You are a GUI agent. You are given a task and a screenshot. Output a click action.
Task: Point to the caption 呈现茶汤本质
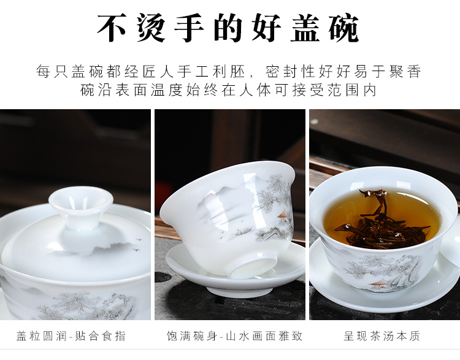[x=382, y=336]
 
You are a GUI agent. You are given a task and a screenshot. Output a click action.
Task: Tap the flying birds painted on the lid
[x=138, y=240]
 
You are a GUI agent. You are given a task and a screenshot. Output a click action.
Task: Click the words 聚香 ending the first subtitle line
[x=407, y=71]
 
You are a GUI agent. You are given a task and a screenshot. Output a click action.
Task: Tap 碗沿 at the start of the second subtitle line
[x=95, y=91]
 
